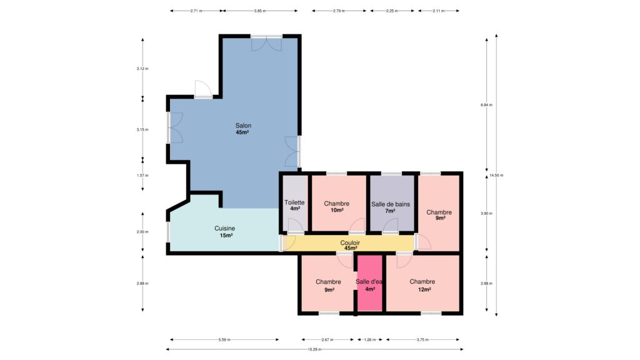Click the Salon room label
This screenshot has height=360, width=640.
coord(243,126)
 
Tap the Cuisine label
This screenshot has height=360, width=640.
coord(225,229)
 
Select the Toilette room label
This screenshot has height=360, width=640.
coord(294,202)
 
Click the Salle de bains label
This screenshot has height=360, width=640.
coord(391,204)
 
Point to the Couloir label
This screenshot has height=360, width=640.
coord(350,243)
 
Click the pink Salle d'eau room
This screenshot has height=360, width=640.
coord(370,283)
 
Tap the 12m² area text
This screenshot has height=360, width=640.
coord(424,289)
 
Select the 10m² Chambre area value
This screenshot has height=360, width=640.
coord(337,210)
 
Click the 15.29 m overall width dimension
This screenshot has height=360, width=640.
coord(314,349)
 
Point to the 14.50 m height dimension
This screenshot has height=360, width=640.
coord(496,176)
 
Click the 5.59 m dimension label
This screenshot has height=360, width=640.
coord(224,339)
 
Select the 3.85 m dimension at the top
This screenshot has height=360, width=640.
coord(259,11)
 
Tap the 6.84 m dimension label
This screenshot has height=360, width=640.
coord(486,105)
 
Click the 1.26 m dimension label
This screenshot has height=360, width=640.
coord(370,339)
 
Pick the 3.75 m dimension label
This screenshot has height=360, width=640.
coord(423,339)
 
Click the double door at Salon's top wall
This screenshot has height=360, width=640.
coord(266,43)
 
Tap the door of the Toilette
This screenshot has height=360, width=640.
coord(295,226)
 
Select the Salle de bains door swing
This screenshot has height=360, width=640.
coord(390,226)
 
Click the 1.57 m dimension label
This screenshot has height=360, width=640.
coord(142,176)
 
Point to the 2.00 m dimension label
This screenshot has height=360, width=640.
coord(142,232)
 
